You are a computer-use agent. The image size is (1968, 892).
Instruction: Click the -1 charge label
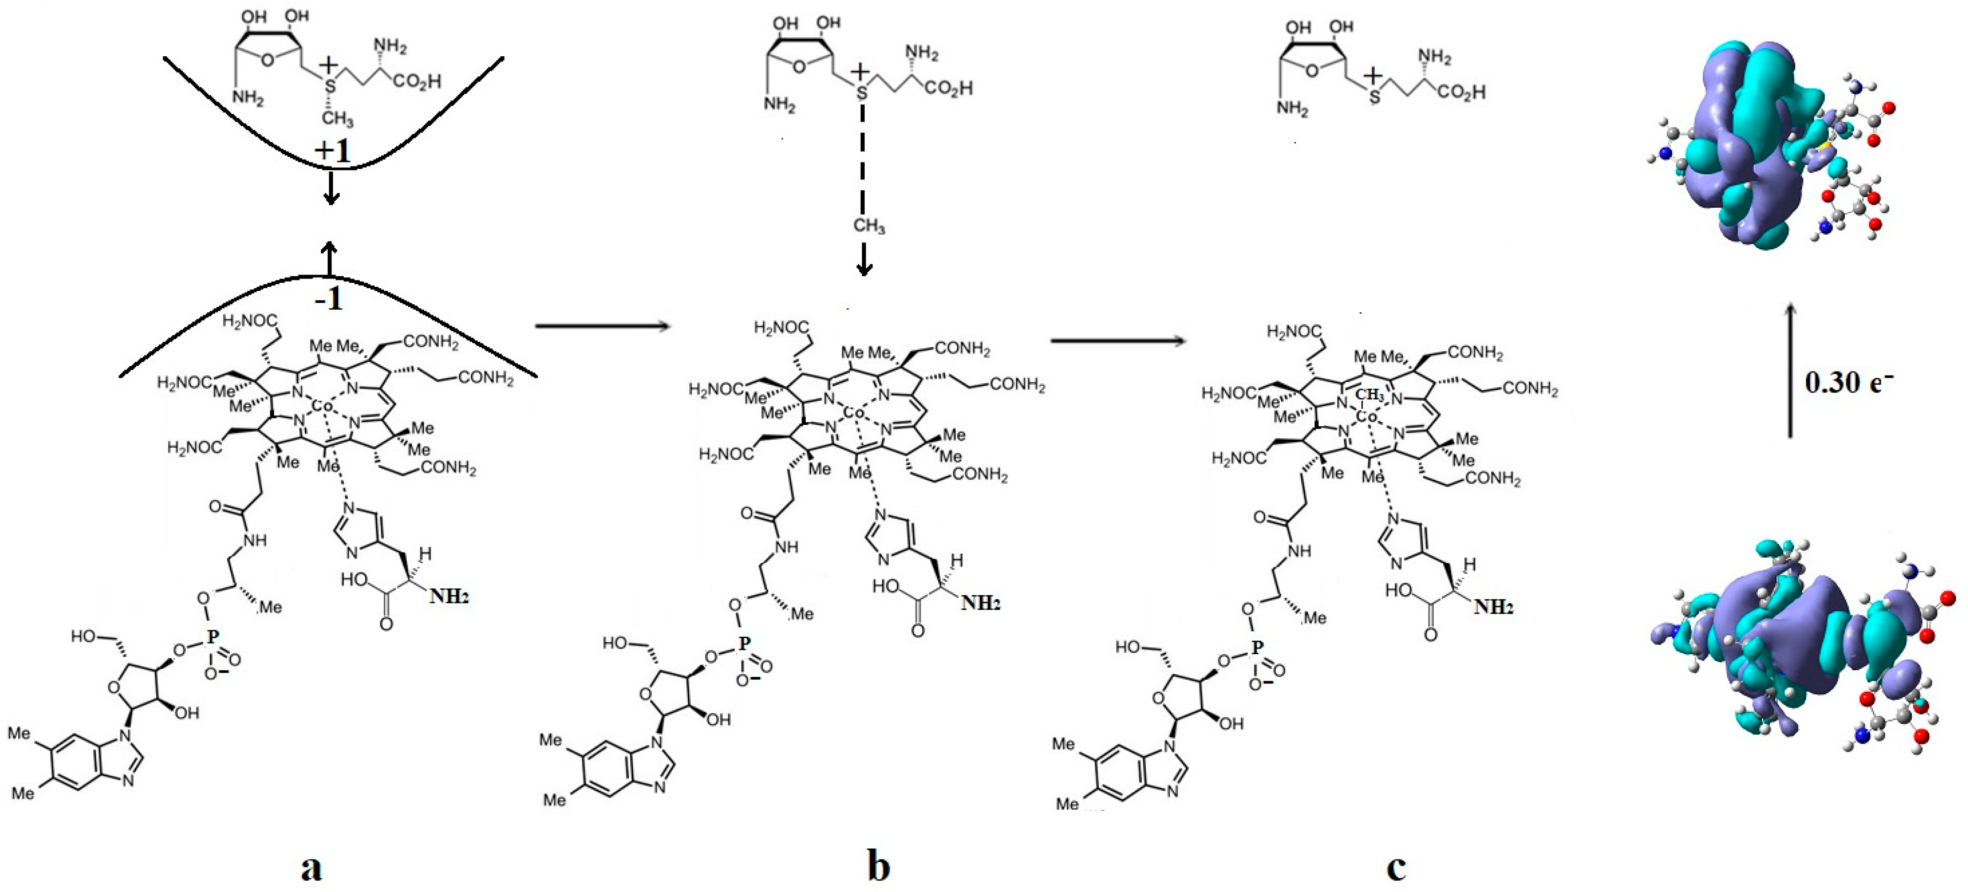[329, 299]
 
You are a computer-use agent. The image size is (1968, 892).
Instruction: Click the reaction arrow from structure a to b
[602, 326]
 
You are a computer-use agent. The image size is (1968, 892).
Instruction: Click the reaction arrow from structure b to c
[1118, 340]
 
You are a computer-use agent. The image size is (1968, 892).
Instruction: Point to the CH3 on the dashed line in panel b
[869, 226]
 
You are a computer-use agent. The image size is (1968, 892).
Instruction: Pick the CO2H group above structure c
[1462, 92]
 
